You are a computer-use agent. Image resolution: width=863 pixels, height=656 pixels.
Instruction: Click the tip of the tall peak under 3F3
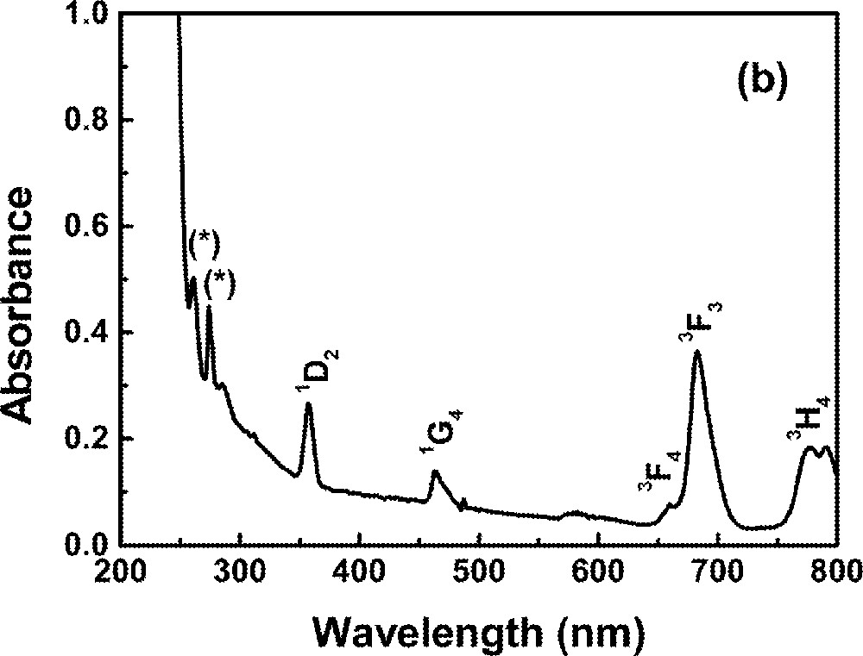point(697,352)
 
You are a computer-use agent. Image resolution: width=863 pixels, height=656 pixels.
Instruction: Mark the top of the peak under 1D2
point(308,404)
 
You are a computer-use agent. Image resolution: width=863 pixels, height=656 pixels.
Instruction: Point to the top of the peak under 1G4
point(435,471)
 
